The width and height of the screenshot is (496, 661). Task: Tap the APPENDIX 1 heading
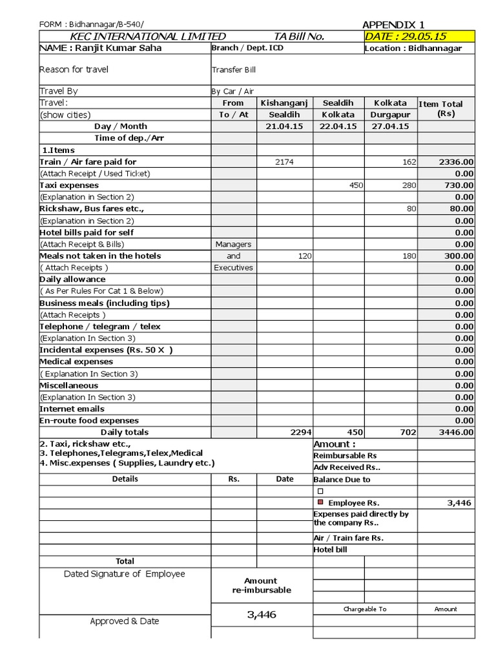tap(393, 25)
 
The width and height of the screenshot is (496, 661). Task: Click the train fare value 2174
tap(284, 162)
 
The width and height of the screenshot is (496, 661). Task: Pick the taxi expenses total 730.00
tap(456, 185)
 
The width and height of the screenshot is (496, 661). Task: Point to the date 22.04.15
tap(338, 127)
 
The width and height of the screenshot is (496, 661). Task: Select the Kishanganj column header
tap(284, 103)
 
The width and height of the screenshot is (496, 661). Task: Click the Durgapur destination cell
tap(390, 115)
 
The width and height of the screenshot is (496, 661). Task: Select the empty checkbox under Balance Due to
tap(320, 491)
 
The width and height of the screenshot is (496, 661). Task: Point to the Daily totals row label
tap(124, 432)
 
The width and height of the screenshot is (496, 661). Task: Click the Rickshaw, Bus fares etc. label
tap(91, 208)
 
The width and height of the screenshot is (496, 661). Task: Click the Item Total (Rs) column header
tap(446, 108)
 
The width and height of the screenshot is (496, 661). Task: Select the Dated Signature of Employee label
tap(124, 574)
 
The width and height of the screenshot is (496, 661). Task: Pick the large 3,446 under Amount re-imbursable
tap(262, 615)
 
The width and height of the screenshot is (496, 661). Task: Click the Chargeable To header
tap(365, 609)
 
